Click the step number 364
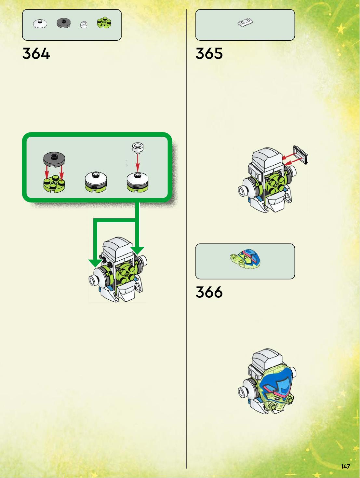(x=36, y=54)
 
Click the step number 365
(x=209, y=54)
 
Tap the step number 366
(x=209, y=292)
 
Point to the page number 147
(x=345, y=466)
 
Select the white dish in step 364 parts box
(x=40, y=23)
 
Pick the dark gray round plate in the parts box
(x=63, y=23)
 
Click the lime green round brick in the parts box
(x=104, y=23)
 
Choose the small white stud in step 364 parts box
(x=84, y=25)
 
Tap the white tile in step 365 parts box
(x=245, y=23)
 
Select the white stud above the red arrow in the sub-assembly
(x=138, y=147)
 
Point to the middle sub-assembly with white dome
(x=96, y=182)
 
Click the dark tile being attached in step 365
(x=300, y=155)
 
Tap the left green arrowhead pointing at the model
(x=95, y=263)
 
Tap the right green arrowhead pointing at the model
(x=137, y=251)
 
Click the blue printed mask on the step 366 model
(x=276, y=384)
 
